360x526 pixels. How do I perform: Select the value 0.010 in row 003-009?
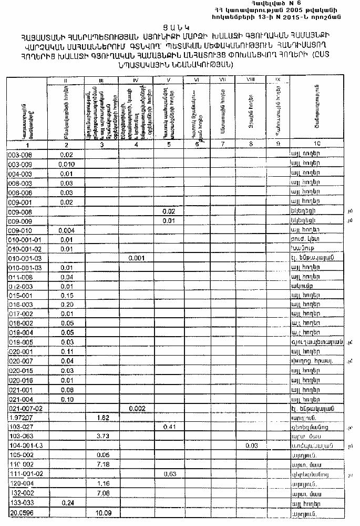(x=66, y=164)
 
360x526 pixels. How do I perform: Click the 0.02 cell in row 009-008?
(x=169, y=211)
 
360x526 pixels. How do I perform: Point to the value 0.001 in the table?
(x=136, y=258)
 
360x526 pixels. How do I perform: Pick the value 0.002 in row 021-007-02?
(x=136, y=408)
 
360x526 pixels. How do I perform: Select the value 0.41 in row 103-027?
(x=169, y=427)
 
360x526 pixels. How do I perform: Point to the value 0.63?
(x=169, y=474)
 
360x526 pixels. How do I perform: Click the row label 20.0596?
(x=19, y=512)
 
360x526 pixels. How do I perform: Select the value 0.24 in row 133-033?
(x=66, y=502)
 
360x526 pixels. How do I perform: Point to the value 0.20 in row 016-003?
(x=66, y=305)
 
